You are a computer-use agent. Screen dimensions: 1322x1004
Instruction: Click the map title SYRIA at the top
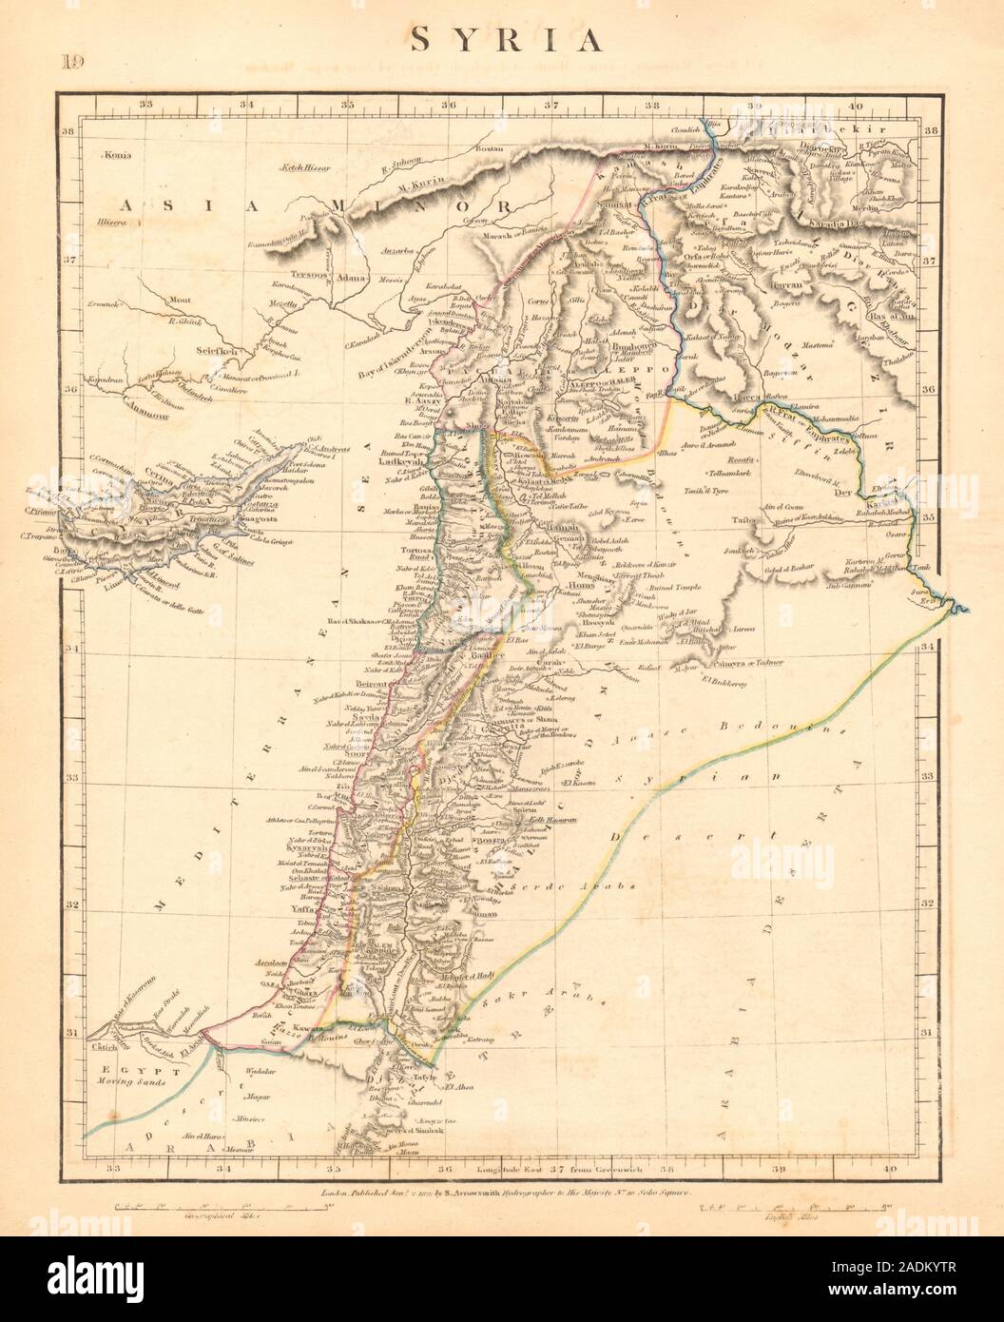tap(504, 40)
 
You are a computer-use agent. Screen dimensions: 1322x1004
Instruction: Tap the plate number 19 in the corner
tap(72, 64)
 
